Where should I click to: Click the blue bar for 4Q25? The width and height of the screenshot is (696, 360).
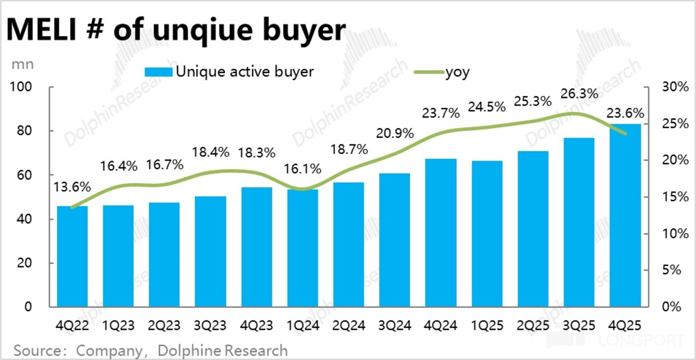[x=625, y=215]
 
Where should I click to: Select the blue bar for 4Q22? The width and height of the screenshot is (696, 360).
[x=73, y=256]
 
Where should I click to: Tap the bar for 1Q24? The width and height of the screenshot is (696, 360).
[x=303, y=248]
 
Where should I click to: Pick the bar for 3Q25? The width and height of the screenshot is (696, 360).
[x=579, y=222]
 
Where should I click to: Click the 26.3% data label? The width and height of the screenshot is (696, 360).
[x=579, y=93]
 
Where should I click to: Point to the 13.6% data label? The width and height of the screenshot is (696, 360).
[x=72, y=187]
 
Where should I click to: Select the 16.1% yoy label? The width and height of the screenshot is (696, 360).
[x=303, y=169]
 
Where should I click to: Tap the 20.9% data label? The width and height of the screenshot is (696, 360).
[x=395, y=134]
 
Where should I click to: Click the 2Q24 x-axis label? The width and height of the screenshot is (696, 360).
[x=349, y=326]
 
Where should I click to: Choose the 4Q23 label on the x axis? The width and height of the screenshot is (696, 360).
[x=256, y=326]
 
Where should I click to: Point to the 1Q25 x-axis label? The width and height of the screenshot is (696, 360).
[x=487, y=326]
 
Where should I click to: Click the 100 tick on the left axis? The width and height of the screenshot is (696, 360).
[x=21, y=87]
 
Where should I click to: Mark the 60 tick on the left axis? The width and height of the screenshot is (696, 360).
[x=24, y=175]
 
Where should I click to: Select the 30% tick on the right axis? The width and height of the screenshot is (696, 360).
[x=675, y=87]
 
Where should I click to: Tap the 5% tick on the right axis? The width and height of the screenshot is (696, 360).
[x=672, y=270]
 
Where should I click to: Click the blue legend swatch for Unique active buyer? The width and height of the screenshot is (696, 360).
[x=159, y=72]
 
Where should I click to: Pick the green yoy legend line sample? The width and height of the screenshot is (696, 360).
[x=429, y=72]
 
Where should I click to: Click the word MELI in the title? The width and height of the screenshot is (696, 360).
[x=41, y=30]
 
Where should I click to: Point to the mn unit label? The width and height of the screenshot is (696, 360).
[x=23, y=65]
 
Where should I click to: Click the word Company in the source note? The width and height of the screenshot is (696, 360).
[x=110, y=351]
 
